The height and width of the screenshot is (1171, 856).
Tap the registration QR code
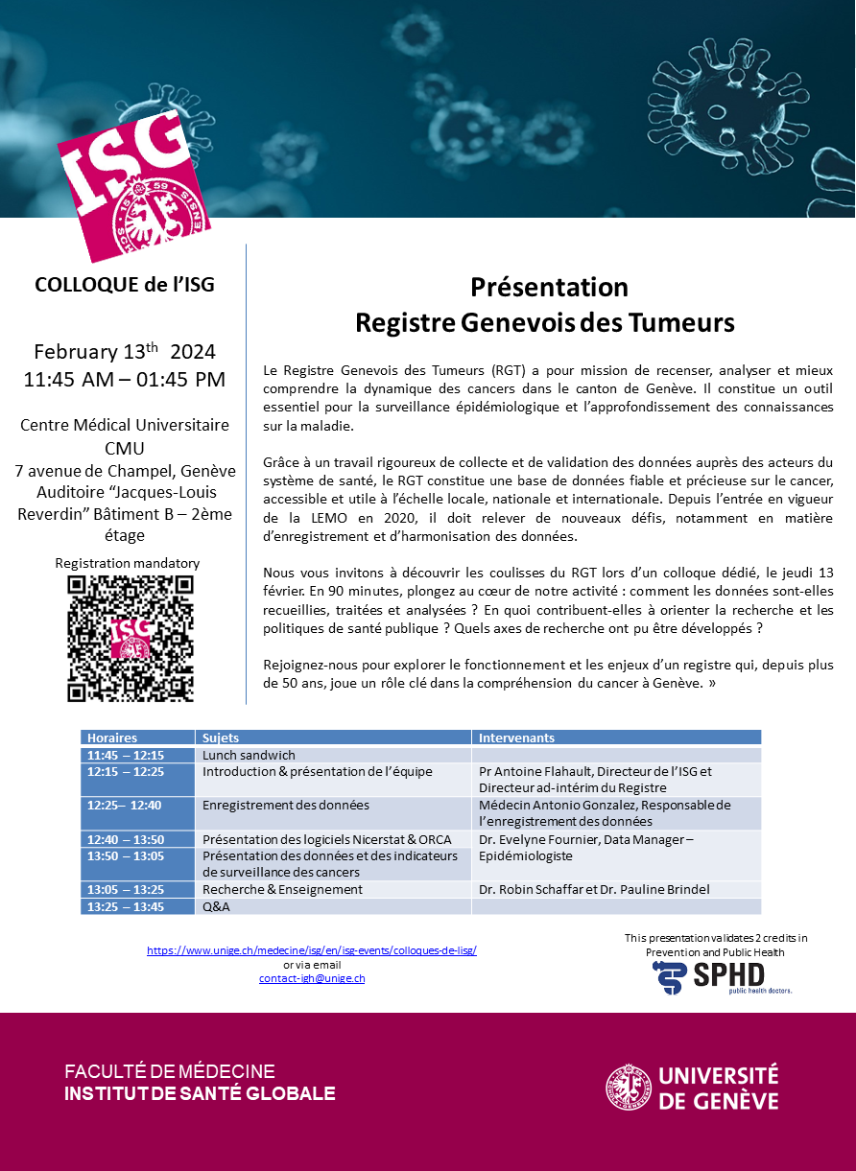click(x=131, y=638)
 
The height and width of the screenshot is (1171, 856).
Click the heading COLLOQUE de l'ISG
click(x=125, y=285)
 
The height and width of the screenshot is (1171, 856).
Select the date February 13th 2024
click(x=125, y=350)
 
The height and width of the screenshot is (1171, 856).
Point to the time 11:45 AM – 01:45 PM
click(x=125, y=379)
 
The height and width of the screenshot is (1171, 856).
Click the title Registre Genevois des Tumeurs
click(x=545, y=323)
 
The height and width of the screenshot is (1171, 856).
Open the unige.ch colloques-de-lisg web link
click(x=312, y=950)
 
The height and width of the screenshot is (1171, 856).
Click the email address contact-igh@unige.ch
click(x=312, y=978)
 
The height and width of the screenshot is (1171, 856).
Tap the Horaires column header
click(x=112, y=738)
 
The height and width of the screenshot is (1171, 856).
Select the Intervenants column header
click(x=516, y=738)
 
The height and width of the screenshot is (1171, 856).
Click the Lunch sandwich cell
click(x=250, y=755)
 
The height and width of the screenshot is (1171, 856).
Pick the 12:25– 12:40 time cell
click(x=125, y=806)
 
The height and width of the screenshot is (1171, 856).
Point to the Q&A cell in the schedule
click(x=216, y=906)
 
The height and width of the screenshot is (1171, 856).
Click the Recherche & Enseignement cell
click(x=283, y=889)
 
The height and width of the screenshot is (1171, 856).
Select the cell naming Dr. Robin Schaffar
click(x=594, y=889)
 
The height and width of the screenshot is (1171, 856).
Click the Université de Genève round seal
click(x=629, y=1087)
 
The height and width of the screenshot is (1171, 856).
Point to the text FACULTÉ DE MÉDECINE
click(x=170, y=1072)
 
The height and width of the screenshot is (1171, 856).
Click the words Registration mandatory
click(x=128, y=563)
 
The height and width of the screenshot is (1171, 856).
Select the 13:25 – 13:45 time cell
click(x=125, y=906)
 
